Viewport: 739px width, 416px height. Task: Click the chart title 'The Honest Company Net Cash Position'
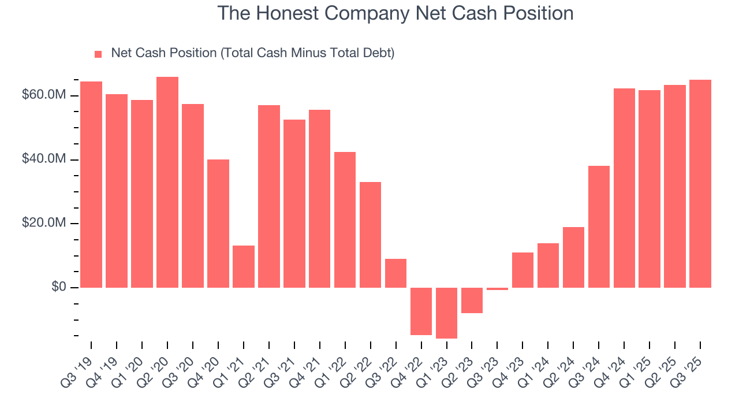click(395, 13)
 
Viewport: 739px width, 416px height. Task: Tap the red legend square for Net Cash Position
click(98, 54)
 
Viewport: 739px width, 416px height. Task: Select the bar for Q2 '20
click(167, 182)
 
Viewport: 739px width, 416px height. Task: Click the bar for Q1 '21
click(244, 266)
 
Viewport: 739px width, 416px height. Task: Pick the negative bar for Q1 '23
click(446, 313)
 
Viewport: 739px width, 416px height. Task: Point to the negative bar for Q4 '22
click(421, 311)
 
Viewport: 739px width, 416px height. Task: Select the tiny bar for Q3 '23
click(497, 289)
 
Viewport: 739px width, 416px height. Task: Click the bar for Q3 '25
click(700, 184)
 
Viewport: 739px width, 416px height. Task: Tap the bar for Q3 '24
click(599, 226)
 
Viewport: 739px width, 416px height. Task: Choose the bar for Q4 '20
click(218, 223)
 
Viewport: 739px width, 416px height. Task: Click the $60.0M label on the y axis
click(43, 95)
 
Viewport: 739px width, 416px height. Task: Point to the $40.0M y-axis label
click(43, 159)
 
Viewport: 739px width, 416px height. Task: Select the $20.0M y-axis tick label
click(43, 224)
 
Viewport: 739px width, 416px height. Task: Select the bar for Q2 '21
click(269, 196)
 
